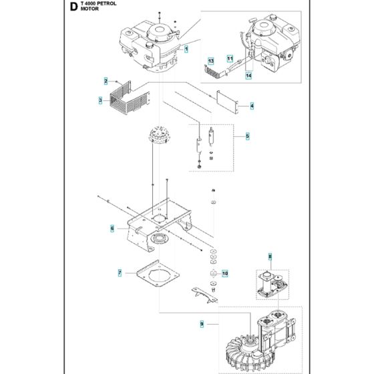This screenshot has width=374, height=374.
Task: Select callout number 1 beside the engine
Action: point(187,49)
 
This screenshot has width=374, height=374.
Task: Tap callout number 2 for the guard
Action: point(106,81)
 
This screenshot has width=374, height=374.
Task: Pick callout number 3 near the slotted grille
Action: point(100,101)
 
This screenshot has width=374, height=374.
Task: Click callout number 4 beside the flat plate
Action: point(252,106)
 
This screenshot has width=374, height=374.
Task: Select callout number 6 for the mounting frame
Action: point(112,229)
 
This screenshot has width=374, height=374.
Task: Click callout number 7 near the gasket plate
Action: point(119,272)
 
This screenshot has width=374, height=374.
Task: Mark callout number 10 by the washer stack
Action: point(224,273)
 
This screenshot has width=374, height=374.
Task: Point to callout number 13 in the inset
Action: point(210,61)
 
